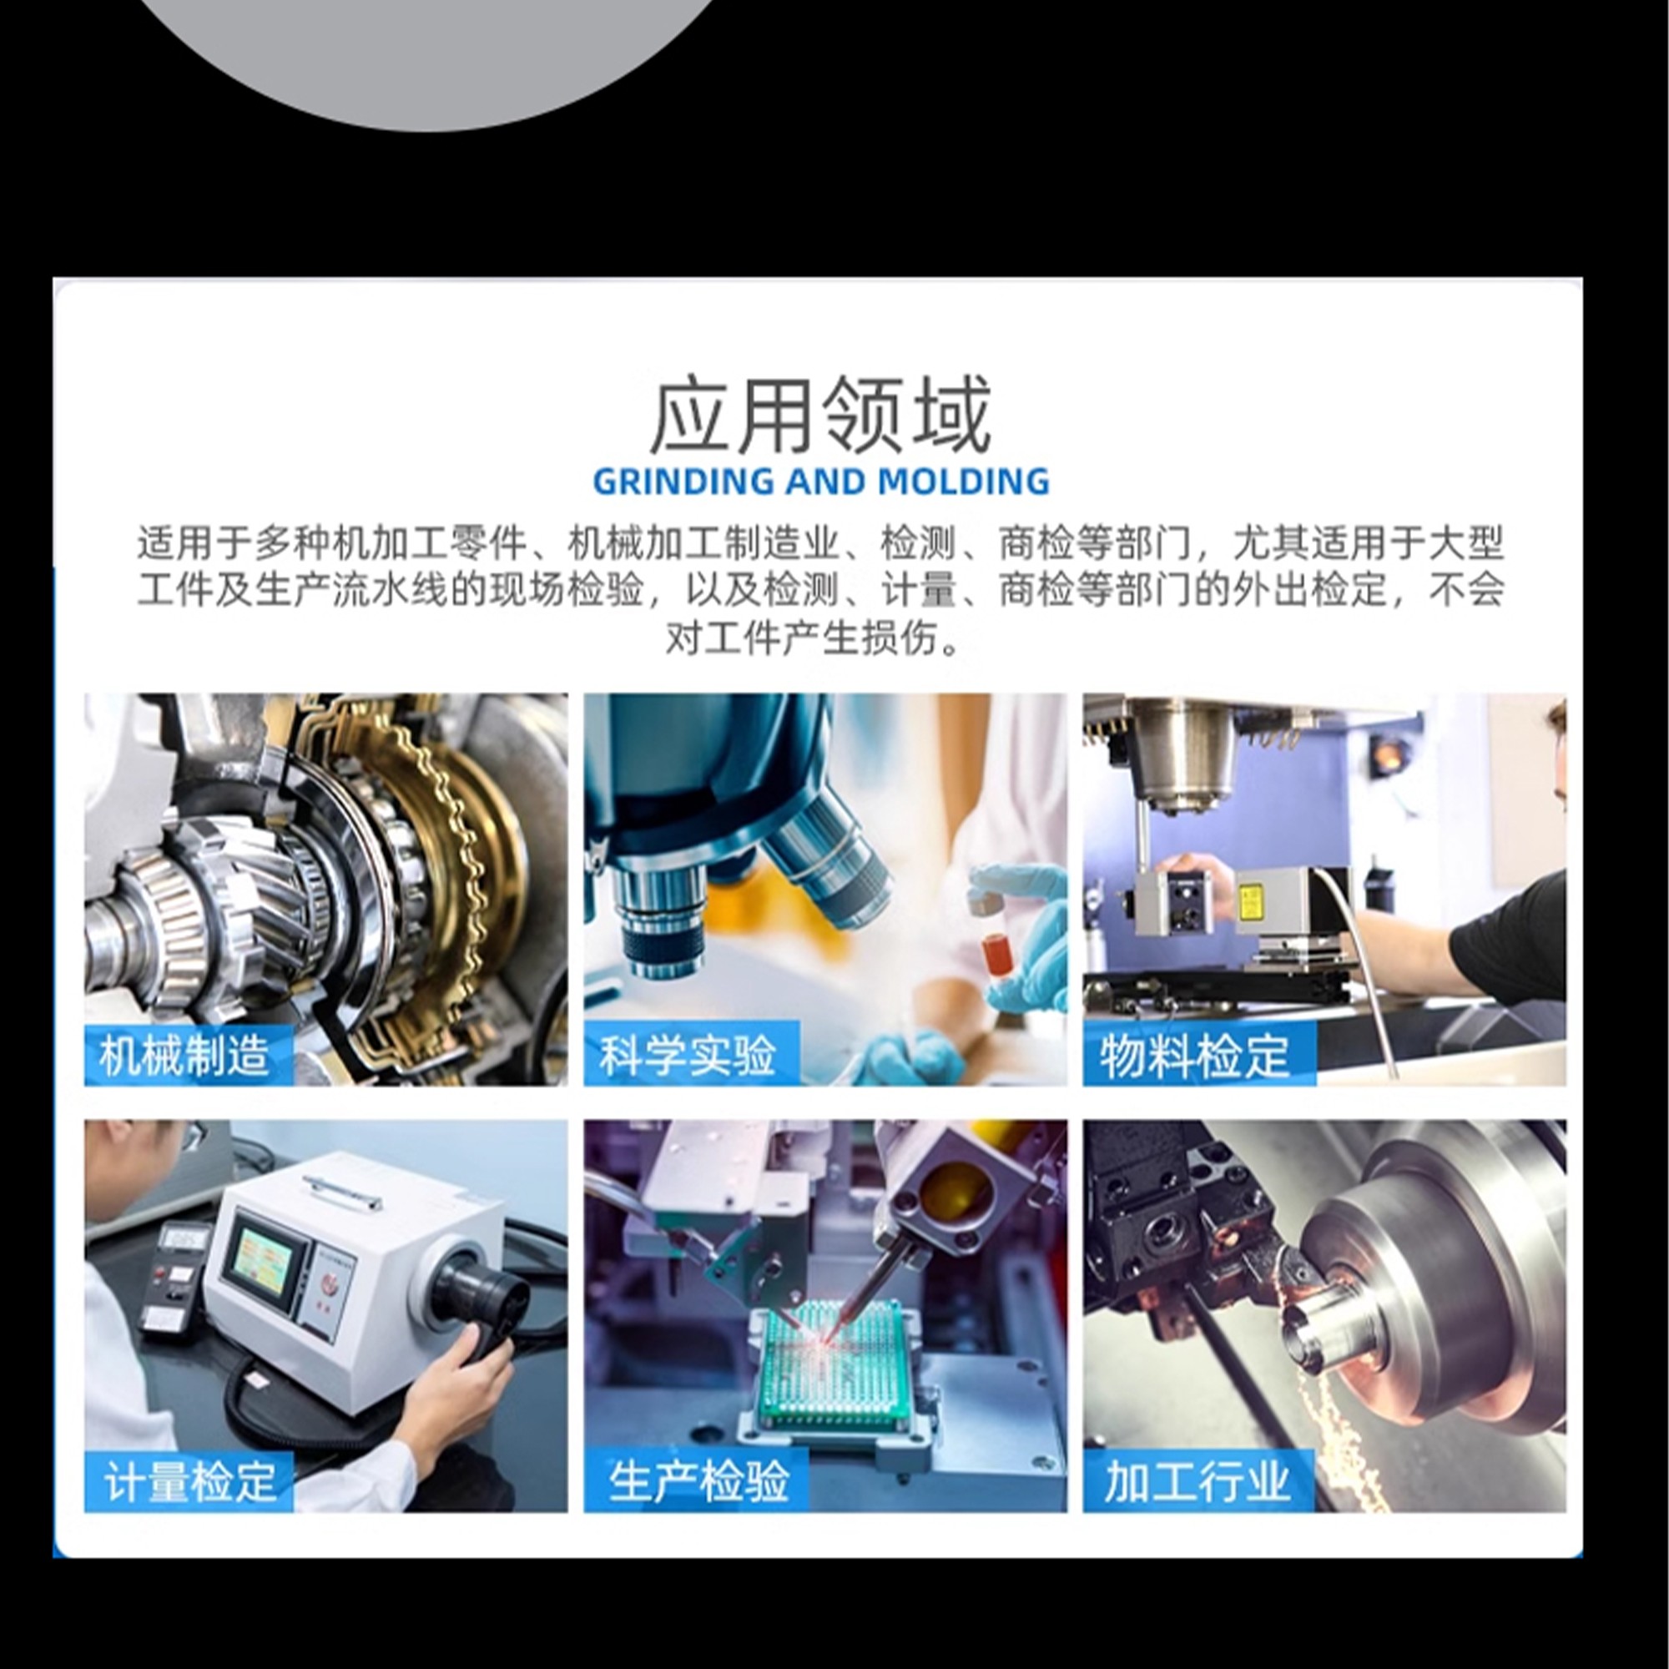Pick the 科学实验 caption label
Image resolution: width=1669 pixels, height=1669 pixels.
pos(688,1055)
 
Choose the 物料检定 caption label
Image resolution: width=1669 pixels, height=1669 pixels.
pos(1196,1055)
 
